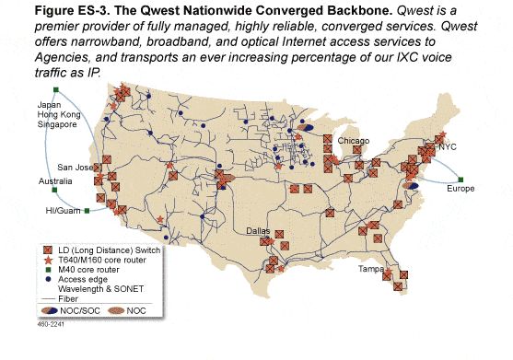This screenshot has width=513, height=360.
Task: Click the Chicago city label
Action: [x=353, y=141]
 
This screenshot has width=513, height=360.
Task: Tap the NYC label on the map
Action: [x=447, y=146]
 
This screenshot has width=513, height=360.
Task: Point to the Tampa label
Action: [x=370, y=269]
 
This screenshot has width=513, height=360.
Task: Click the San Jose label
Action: [x=76, y=168]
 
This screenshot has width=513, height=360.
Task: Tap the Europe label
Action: [x=461, y=189]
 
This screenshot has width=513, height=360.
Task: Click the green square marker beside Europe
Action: [x=461, y=179]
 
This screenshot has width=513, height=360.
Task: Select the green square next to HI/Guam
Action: [x=87, y=211]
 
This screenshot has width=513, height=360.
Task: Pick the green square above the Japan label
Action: [x=56, y=90]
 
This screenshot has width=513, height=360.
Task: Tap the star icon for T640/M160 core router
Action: [x=48, y=260]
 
